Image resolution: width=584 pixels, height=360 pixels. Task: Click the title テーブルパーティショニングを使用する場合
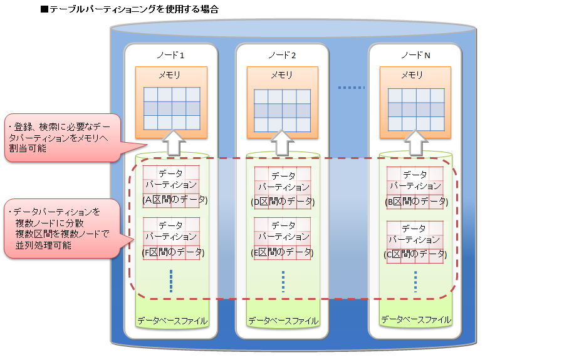click(x=129, y=9)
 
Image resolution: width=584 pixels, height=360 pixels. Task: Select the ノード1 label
click(x=170, y=55)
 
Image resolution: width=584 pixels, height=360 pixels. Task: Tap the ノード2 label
click(x=282, y=55)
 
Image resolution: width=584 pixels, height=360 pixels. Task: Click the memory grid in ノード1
click(x=172, y=108)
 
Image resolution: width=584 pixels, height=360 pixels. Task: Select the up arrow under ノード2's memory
click(x=283, y=143)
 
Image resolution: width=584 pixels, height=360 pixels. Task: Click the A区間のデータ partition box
click(x=171, y=187)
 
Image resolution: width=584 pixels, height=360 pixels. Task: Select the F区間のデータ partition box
click(x=171, y=239)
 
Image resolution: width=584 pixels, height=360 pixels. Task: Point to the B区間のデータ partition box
click(x=415, y=188)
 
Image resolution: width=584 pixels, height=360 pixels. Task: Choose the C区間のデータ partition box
click(x=415, y=241)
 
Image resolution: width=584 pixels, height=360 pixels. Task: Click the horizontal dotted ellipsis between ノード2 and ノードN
click(x=351, y=88)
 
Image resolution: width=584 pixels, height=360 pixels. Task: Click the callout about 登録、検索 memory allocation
click(x=60, y=138)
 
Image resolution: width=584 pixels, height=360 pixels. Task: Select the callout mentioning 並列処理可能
click(x=60, y=229)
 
